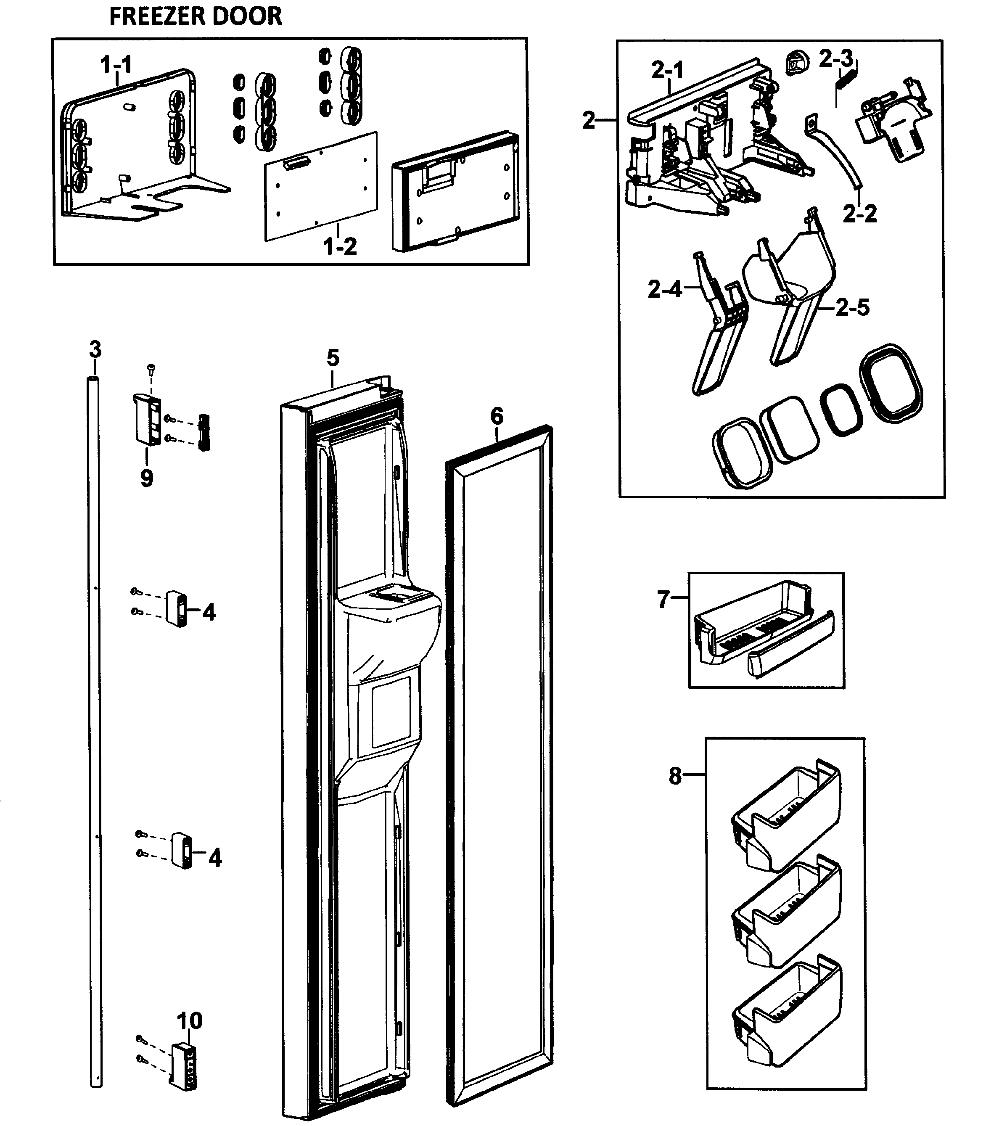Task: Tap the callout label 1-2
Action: (x=340, y=246)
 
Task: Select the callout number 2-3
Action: (x=836, y=58)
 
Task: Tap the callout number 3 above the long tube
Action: (x=95, y=350)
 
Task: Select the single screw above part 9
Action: (x=151, y=368)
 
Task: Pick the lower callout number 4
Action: (x=215, y=858)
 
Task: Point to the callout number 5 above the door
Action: (x=333, y=359)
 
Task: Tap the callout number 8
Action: (x=675, y=776)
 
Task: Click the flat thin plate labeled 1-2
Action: (x=321, y=188)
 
